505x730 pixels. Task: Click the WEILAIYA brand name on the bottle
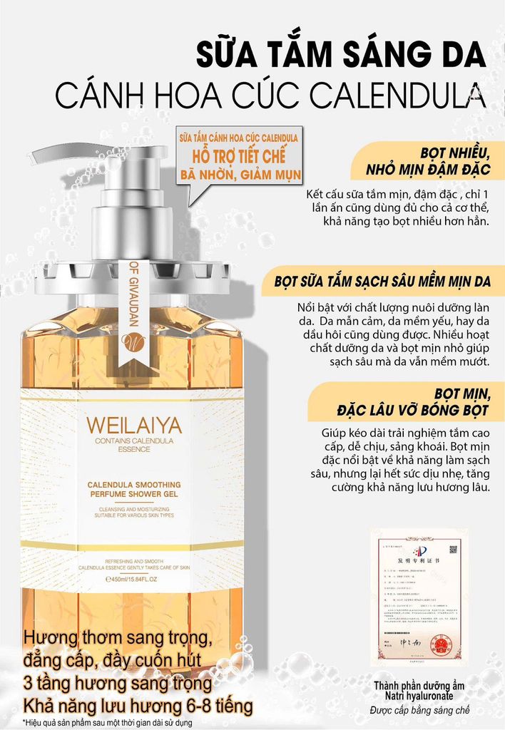tap(133, 426)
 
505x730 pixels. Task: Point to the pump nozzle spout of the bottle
tap(43, 153)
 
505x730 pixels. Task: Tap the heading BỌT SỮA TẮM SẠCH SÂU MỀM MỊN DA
tap(382, 282)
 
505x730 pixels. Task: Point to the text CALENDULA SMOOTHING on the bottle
tap(134, 484)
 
